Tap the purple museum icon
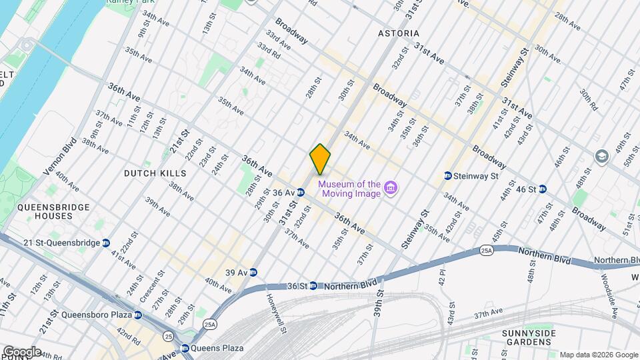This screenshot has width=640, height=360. pos(391,189)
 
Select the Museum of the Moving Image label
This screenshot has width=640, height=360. pos(349,189)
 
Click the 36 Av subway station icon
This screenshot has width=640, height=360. pos(301,193)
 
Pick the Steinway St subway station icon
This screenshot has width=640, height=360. pos(447,176)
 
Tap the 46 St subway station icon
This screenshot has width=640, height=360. pos(543,189)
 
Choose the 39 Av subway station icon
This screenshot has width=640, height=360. pos(253,272)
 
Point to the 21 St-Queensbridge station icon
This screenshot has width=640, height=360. pos(106,243)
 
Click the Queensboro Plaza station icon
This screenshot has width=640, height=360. pos(137,315)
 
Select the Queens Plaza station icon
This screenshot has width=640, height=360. pos(185,348)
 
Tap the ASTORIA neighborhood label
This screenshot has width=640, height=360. pos(399,33)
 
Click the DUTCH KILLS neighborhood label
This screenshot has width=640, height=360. pos(155,173)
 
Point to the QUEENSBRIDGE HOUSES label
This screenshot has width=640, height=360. pos(54,211)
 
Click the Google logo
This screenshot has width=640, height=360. pos(21,351)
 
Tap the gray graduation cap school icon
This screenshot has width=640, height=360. pos(603,155)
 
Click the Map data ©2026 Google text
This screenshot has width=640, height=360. pos(597,355)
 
